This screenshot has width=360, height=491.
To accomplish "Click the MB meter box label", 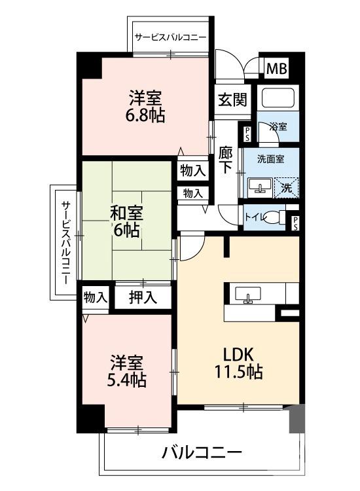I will [276, 67].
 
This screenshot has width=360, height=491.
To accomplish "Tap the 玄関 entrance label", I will [232, 100].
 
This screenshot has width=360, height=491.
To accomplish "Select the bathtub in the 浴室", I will [278, 98].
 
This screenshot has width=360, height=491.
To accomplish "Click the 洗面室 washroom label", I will [269, 158].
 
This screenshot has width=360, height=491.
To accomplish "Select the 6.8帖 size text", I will [145, 116].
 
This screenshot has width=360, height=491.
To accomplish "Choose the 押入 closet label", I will [143, 297].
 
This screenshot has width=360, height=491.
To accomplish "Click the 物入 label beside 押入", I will [96, 297].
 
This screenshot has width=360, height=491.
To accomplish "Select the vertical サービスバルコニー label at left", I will [66, 242].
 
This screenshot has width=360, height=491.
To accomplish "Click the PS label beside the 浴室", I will [247, 134].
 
